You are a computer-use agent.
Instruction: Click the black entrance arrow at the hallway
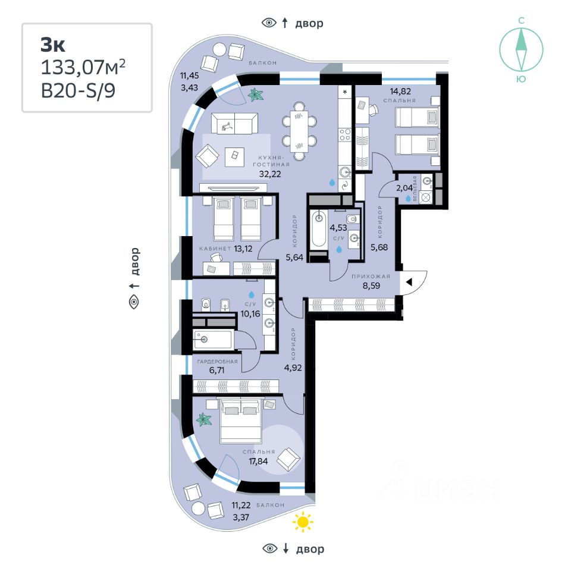click(409, 283)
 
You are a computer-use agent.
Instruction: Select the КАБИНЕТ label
click(215, 249)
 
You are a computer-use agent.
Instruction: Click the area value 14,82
click(401, 91)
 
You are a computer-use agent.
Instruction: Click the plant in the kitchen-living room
click(256, 95)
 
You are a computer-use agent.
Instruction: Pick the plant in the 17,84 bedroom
click(205, 419)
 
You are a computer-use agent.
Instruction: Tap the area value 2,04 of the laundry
click(404, 188)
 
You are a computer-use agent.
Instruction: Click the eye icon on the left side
click(134, 302)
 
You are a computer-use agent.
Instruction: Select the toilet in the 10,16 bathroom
click(205, 305)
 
